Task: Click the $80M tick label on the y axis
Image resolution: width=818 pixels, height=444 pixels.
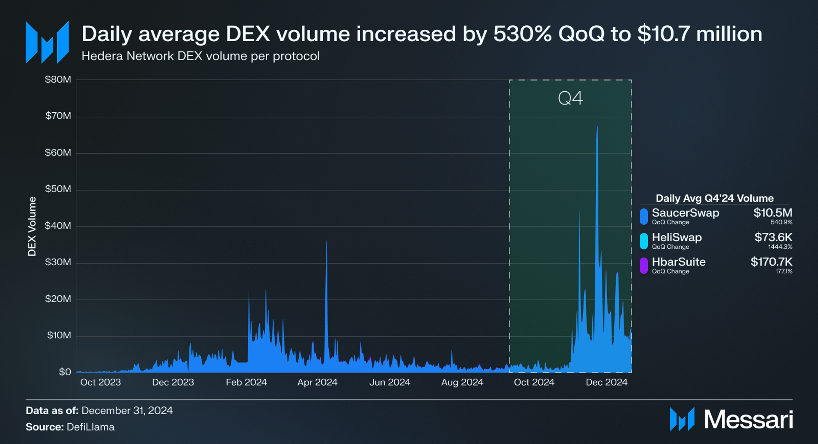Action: pyautogui.click(x=58, y=79)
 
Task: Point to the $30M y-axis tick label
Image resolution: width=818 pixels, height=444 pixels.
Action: pyautogui.click(x=58, y=262)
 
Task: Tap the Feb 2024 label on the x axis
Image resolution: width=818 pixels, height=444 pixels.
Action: pyautogui.click(x=246, y=382)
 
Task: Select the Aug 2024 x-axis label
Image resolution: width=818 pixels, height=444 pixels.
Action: pyautogui.click(x=462, y=382)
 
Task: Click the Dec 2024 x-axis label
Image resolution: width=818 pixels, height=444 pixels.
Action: pyautogui.click(x=606, y=382)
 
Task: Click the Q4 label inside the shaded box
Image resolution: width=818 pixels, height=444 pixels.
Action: pyautogui.click(x=570, y=98)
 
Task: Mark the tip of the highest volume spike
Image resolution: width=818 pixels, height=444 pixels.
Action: pyautogui.click(x=597, y=126)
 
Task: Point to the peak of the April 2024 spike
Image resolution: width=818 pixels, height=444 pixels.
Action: pyautogui.click(x=327, y=241)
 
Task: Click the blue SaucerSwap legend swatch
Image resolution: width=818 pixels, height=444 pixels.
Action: pyautogui.click(x=644, y=216)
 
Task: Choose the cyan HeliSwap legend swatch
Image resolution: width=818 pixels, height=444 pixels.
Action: pyautogui.click(x=644, y=241)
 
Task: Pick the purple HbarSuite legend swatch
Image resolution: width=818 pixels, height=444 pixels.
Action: pyautogui.click(x=644, y=266)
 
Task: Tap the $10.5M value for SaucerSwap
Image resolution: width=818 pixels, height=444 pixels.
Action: pyautogui.click(x=773, y=213)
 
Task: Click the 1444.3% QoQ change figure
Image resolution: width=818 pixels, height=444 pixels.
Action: pyautogui.click(x=780, y=247)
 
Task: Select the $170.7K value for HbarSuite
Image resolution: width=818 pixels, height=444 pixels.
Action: pyautogui.click(x=771, y=262)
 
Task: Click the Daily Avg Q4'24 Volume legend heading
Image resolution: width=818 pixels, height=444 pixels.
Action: pyautogui.click(x=715, y=198)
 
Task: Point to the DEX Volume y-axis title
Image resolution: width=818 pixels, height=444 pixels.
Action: pyautogui.click(x=32, y=226)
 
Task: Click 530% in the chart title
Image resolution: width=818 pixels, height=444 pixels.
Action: pyautogui.click(x=522, y=34)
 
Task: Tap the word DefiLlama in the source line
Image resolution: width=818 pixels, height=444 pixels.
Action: pyautogui.click(x=91, y=427)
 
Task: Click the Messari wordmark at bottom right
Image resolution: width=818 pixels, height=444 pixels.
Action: pyautogui.click(x=748, y=420)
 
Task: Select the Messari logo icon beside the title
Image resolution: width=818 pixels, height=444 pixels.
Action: pyautogui.click(x=47, y=42)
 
